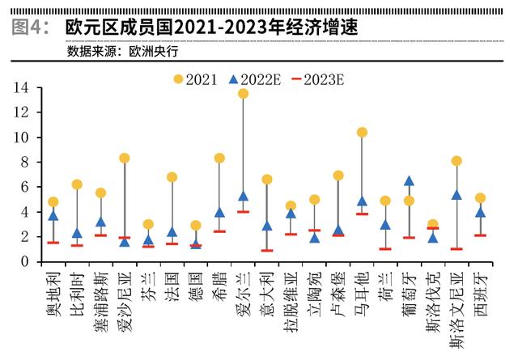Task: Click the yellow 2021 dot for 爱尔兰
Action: click(243, 94)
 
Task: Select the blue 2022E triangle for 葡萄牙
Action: click(410, 181)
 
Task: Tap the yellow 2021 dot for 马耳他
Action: click(362, 132)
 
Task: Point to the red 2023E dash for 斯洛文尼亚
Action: click(456, 248)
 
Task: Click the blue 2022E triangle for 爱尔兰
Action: click(243, 196)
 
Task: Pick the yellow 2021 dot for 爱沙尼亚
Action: click(124, 159)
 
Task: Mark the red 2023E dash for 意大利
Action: click(267, 250)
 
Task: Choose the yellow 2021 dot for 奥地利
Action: click(53, 201)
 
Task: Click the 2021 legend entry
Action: click(194, 78)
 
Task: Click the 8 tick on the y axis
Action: click(25, 162)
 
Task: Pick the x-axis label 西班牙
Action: click(481, 293)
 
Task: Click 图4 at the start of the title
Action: click(30, 27)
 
